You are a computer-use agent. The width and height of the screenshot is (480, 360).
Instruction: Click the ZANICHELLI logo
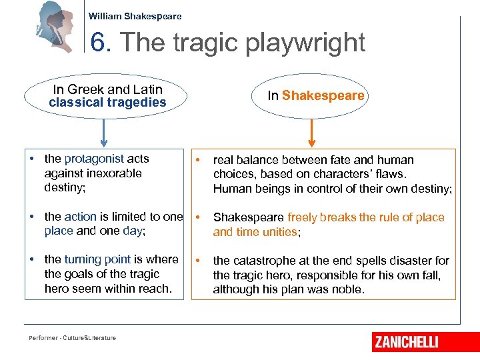click(x=406, y=341)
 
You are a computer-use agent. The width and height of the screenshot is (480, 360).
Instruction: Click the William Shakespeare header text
click(x=135, y=16)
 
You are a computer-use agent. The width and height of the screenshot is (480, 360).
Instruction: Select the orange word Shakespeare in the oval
click(x=323, y=95)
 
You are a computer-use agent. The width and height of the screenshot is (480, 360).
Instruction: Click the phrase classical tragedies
click(x=107, y=103)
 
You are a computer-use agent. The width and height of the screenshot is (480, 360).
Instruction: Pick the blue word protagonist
click(x=94, y=159)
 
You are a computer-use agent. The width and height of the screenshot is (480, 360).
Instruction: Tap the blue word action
click(x=80, y=216)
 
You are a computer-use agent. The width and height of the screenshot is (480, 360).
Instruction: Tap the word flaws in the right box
click(x=389, y=174)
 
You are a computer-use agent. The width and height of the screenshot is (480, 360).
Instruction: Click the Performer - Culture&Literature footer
click(x=72, y=338)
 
